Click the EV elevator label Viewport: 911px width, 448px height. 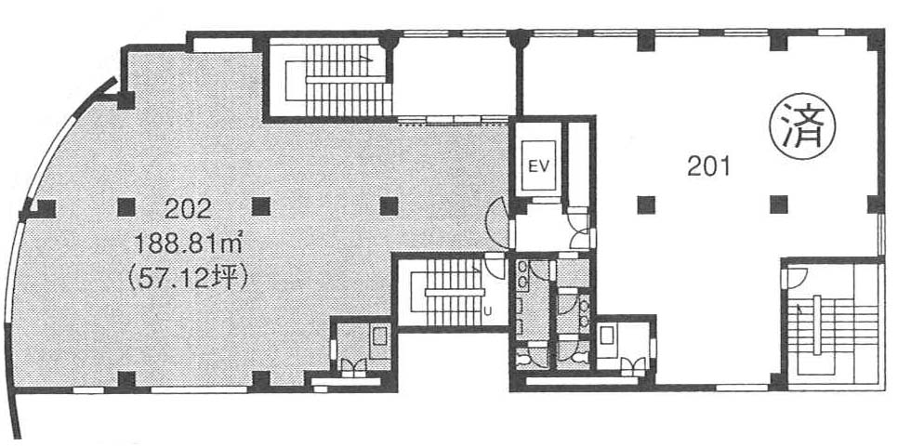(537, 165)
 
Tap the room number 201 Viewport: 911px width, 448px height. (708, 167)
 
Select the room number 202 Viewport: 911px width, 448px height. (188, 209)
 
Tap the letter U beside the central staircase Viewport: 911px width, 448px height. (488, 310)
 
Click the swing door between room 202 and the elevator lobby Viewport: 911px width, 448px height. (497, 222)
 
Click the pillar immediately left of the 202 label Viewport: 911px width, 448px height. (126, 207)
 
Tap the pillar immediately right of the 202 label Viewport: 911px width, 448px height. (261, 206)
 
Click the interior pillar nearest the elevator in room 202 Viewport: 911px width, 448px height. (389, 205)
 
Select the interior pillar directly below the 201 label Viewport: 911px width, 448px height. (645, 204)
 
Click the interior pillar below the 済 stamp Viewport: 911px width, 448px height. (779, 204)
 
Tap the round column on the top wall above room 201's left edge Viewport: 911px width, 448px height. (520, 40)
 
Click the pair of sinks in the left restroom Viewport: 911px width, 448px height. (522, 273)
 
